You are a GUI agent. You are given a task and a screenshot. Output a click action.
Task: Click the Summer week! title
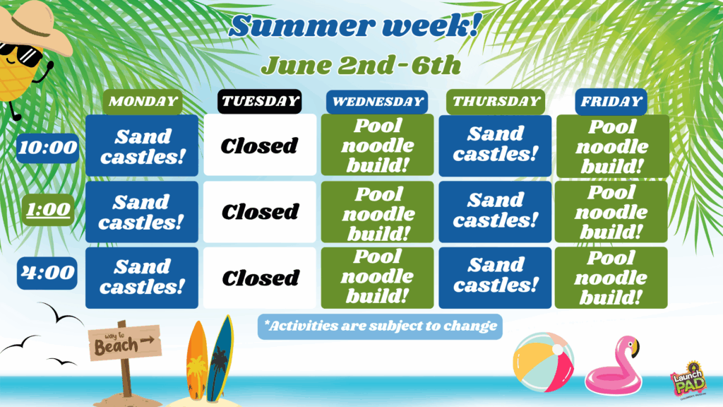click(355, 25)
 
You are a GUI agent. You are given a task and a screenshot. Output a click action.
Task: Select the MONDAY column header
click(143, 102)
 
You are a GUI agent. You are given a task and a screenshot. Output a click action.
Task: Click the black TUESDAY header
click(260, 102)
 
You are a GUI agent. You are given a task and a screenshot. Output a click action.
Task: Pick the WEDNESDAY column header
click(377, 102)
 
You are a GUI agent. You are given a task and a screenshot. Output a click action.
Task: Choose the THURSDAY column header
click(496, 102)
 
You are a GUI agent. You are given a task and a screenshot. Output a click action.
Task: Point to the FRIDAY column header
click(611, 102)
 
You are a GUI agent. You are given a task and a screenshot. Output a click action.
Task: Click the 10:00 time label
click(47, 148)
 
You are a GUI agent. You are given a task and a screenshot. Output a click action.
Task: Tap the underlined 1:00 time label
click(48, 210)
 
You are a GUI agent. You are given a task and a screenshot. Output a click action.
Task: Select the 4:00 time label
click(47, 273)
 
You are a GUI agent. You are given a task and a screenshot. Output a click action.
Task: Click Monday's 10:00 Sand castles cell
click(142, 146)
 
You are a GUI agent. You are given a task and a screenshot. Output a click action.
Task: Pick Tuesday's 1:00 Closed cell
click(260, 212)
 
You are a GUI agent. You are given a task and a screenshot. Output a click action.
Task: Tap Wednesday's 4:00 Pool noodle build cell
click(377, 278)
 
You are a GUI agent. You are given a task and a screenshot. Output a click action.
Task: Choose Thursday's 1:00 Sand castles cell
click(495, 212)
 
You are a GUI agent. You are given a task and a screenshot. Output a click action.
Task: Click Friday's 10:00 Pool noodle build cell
click(613, 146)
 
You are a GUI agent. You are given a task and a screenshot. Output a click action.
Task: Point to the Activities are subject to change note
click(380, 326)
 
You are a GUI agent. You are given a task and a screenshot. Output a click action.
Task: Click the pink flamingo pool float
click(614, 365)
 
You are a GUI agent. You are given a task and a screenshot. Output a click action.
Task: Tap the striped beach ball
click(543, 362)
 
